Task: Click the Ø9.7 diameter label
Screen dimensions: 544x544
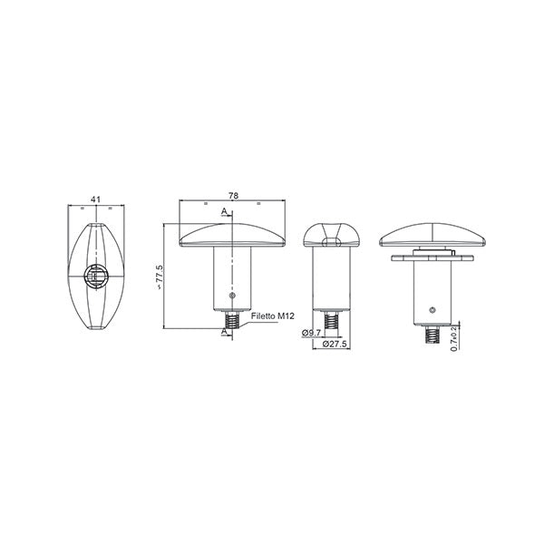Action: (x=313, y=333)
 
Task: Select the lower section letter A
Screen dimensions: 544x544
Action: (x=224, y=332)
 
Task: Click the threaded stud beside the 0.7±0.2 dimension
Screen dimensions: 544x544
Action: (x=433, y=336)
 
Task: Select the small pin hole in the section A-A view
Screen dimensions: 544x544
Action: (x=233, y=296)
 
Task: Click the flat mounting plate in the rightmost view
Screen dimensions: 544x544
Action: (x=433, y=257)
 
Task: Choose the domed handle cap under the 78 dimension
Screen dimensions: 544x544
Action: (x=233, y=235)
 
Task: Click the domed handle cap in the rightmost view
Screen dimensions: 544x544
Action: (x=433, y=234)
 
